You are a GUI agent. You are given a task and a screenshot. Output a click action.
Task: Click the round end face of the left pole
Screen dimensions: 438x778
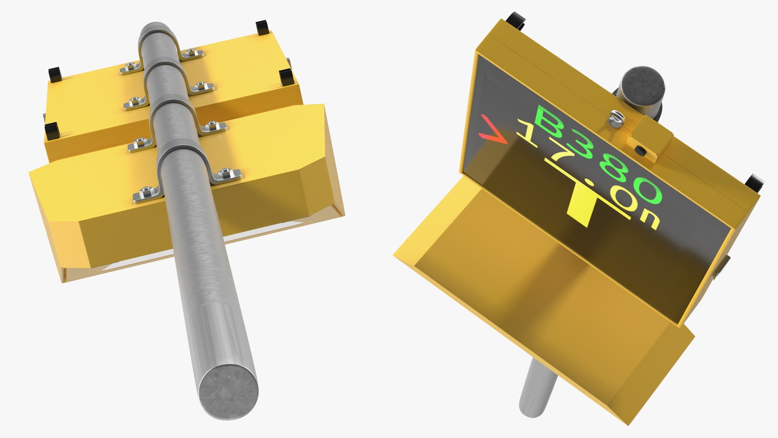(x=229, y=392)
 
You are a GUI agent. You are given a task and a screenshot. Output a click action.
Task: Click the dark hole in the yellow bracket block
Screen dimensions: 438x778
(x=641, y=151)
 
